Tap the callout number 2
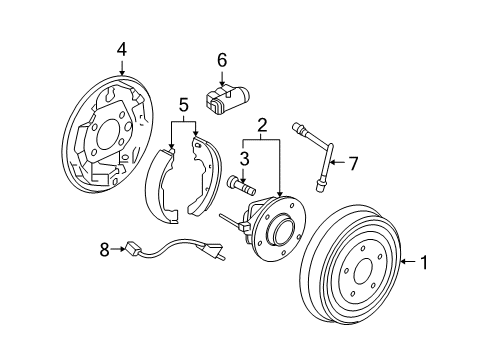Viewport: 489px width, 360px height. [x=261, y=125]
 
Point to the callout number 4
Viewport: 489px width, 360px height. [x=121, y=48]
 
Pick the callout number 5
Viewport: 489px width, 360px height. [x=182, y=104]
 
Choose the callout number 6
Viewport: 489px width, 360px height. [x=222, y=60]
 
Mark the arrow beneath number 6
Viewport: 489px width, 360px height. [x=222, y=77]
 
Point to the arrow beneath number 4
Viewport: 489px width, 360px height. [x=121, y=66]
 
